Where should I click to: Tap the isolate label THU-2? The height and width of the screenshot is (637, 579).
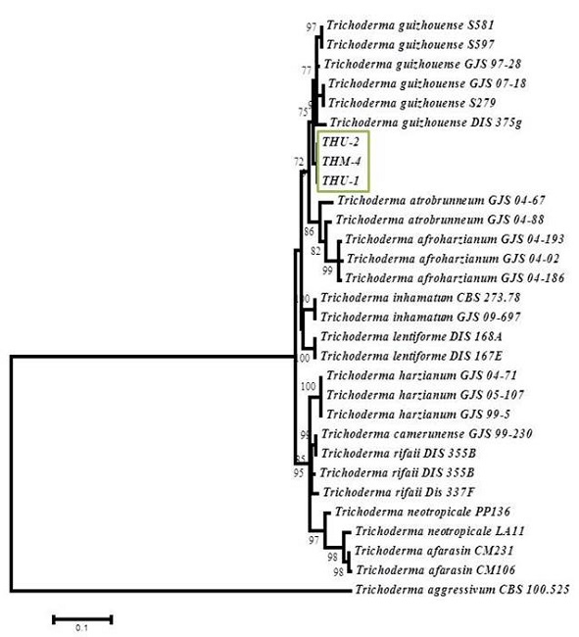click(x=339, y=142)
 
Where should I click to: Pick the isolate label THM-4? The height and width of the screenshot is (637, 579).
click(x=340, y=161)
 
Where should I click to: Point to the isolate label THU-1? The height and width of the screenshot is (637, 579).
click(x=339, y=180)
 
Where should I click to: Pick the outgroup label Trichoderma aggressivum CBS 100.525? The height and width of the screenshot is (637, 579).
click(x=460, y=590)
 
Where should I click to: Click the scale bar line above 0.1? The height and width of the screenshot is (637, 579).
click(x=82, y=618)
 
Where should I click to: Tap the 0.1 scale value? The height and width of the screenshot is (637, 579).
click(x=82, y=629)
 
